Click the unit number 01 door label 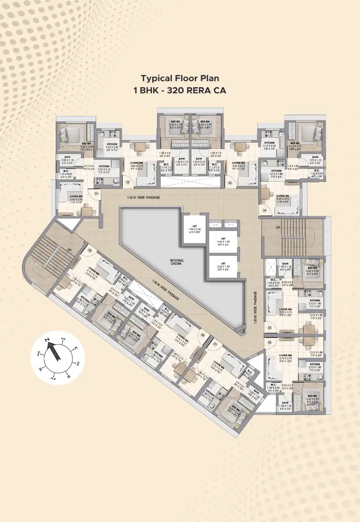[97, 193]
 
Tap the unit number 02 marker [127, 182]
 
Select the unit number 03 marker [230, 183]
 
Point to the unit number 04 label [265, 210]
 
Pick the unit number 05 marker [269, 327]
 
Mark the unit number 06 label [269, 342]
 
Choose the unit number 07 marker [215, 344]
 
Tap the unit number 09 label [90, 250]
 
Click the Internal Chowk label [177, 262]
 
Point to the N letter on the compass [48, 340]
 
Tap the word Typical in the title [156, 78]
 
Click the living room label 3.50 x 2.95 [76, 198]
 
